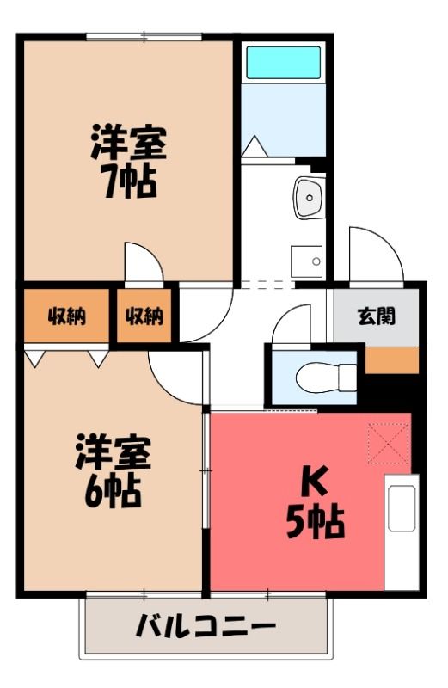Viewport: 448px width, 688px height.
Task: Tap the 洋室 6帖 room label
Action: [113, 471]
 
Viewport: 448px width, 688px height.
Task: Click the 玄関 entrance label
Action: [377, 316]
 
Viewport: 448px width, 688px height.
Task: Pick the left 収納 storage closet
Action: [66, 316]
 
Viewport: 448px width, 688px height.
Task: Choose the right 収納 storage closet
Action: [144, 316]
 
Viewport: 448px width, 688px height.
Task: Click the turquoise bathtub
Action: [283, 62]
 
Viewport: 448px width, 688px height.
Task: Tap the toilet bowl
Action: [326, 378]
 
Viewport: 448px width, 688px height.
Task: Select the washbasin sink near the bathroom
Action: [310, 198]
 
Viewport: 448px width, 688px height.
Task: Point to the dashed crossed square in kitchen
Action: [389, 444]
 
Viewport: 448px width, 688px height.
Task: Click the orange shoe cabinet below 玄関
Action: [392, 360]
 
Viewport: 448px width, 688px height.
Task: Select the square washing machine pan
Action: [307, 261]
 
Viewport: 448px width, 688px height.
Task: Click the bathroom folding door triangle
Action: [255, 146]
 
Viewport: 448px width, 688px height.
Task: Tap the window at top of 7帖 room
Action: [145, 37]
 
